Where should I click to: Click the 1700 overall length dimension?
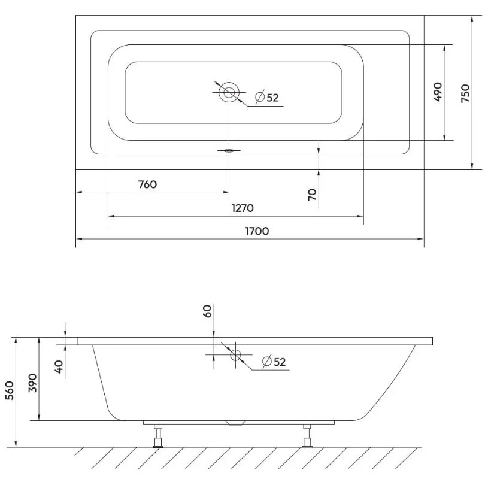pos(257,231)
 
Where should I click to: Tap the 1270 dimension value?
pos(243,208)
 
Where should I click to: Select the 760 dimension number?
pos(147,184)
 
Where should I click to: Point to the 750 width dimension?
pos(465,93)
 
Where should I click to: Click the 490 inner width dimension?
pos(438,92)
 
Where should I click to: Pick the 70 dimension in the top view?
pos(312,195)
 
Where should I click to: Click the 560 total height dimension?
pos(10,390)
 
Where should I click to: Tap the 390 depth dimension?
pos(33,383)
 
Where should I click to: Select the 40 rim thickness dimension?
pos(59,366)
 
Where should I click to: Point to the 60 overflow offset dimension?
pos(207,311)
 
